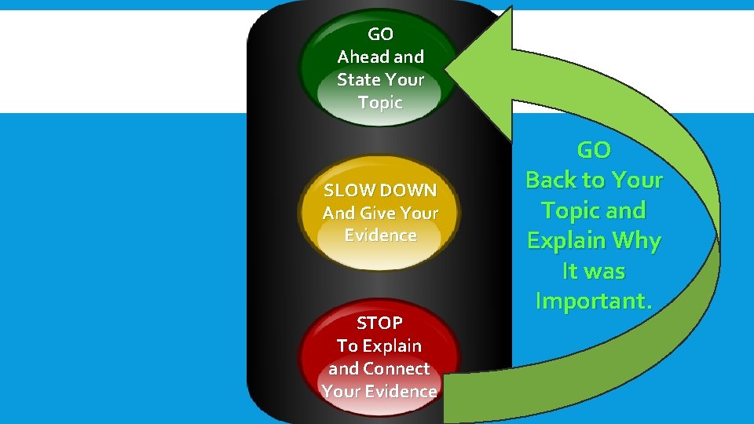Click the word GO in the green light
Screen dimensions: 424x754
point(380,35)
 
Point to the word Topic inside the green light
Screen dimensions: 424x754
point(380,103)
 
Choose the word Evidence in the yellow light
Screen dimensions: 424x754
point(380,236)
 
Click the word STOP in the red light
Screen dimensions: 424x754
point(379,323)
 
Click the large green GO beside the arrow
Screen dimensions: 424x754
point(594,149)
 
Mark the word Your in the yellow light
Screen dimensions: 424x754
point(419,213)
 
